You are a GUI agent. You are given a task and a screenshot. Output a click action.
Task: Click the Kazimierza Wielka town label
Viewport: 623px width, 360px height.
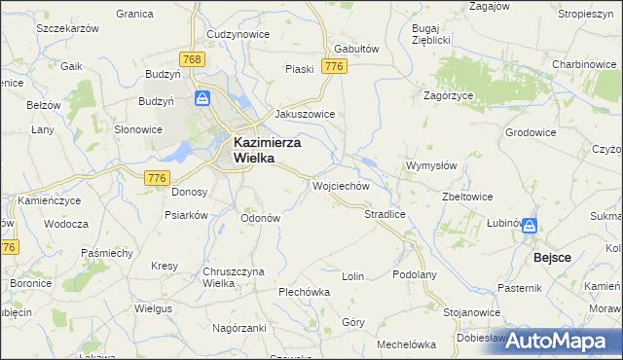coord(267,152)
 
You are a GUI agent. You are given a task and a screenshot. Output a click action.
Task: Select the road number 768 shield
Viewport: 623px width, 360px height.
coord(193,60)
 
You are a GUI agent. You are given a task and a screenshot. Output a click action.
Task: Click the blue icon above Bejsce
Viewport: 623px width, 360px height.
coord(530,226)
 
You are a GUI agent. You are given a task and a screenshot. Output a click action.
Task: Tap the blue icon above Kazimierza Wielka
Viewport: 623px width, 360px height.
coord(202,98)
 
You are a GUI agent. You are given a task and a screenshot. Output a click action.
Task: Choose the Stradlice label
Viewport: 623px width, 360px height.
coord(384,213)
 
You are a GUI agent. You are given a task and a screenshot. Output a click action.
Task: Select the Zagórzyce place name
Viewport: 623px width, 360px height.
coord(448,95)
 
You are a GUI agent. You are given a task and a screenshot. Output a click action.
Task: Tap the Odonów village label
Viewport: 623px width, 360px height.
coord(261,218)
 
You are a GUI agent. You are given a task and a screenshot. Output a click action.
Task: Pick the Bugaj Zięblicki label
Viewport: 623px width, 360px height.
coord(429,35)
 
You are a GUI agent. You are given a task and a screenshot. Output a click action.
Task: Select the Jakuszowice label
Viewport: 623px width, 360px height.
coord(305,114)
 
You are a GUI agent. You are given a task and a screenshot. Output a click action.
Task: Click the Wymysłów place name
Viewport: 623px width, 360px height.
coord(431,165)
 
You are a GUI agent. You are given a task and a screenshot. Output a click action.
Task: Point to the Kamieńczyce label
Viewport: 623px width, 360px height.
coord(48,199)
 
